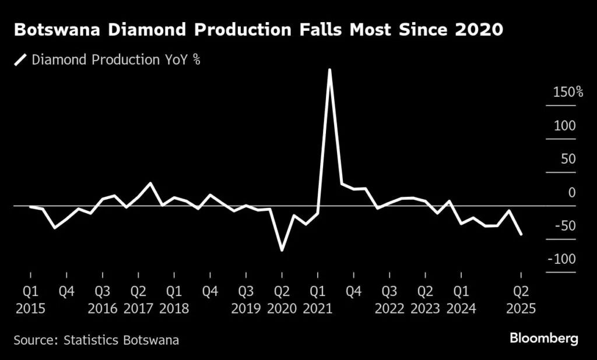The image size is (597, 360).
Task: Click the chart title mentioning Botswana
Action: click(x=258, y=30)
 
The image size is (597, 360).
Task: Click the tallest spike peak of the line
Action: click(x=330, y=70)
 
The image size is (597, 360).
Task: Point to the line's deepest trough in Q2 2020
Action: click(x=282, y=250)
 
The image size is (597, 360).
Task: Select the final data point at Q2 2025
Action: click(x=521, y=234)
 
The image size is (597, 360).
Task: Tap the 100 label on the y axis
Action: click(x=565, y=126)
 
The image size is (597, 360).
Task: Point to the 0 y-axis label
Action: click(x=572, y=193)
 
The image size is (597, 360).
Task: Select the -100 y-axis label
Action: click(x=561, y=259)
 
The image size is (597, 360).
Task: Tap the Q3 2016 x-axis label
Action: click(x=102, y=299)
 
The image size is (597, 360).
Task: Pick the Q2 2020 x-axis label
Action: click(x=282, y=299)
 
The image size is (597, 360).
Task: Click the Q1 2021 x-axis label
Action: click(x=318, y=299)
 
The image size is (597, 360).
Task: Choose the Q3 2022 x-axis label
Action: click(x=389, y=299)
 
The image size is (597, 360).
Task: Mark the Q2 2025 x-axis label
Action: click(x=521, y=299)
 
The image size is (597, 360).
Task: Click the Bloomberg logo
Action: click(x=544, y=338)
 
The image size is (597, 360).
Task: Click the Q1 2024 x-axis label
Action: click(x=461, y=299)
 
